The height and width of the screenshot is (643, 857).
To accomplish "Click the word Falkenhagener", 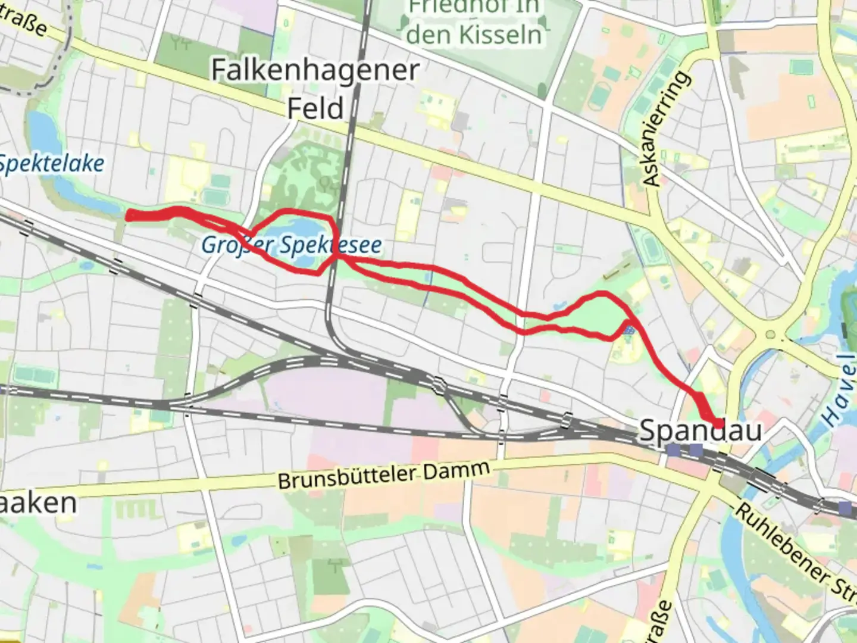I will pos(315,71).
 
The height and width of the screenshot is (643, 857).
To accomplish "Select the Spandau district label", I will pos(700,430).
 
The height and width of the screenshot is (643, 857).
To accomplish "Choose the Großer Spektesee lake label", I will pos(291,245).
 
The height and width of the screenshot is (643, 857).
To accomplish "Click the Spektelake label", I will pos(51,164).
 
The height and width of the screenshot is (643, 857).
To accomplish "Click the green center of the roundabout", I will pos(772,334).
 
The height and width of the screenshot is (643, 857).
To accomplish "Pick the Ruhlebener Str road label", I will pos(795,548).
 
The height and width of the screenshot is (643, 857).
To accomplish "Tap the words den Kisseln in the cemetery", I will pos(474,35).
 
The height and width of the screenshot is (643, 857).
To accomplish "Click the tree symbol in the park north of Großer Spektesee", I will pos(326,183).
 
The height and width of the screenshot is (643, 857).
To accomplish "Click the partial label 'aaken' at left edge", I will pos(38,503).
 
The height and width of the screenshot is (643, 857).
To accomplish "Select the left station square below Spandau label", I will pos(673,450).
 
